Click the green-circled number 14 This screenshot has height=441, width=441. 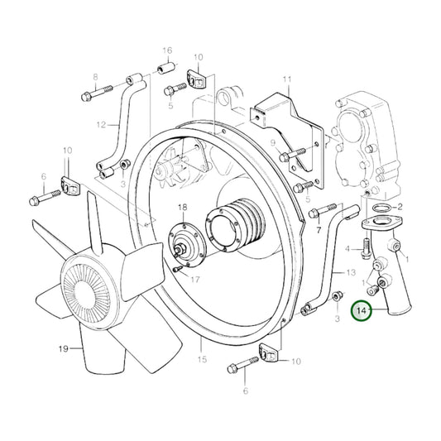pos(361,312)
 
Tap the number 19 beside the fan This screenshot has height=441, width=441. pos(63,350)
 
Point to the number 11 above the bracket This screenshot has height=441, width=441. pos(287,81)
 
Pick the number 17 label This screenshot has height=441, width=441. pos(196,279)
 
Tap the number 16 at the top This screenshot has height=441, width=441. pos(166,50)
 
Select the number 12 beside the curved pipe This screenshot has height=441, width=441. pos(101,126)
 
